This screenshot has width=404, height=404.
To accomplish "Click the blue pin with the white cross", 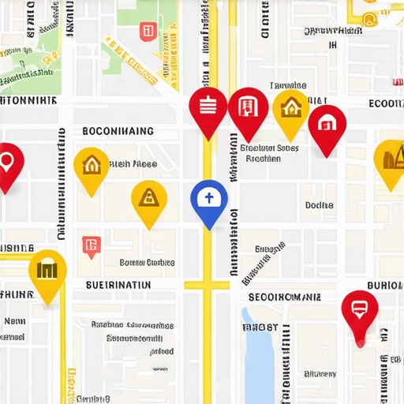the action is click(x=209, y=200).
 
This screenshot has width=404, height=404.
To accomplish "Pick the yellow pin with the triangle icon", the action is click(x=148, y=197).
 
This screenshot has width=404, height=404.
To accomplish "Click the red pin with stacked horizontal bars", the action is click(x=208, y=107).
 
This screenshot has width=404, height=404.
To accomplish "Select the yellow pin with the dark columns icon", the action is click(x=47, y=271).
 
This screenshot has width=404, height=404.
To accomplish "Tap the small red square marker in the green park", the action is click(x=147, y=32).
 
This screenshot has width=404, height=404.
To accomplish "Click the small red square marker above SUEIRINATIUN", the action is click(x=92, y=246).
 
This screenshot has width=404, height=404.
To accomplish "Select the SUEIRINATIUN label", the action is click(x=118, y=284).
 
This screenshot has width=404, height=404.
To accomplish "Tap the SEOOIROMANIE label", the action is click(x=284, y=297).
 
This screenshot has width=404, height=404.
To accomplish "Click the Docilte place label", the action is click(x=319, y=205).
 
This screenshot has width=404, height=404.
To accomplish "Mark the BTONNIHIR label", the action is click(x=28, y=101).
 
